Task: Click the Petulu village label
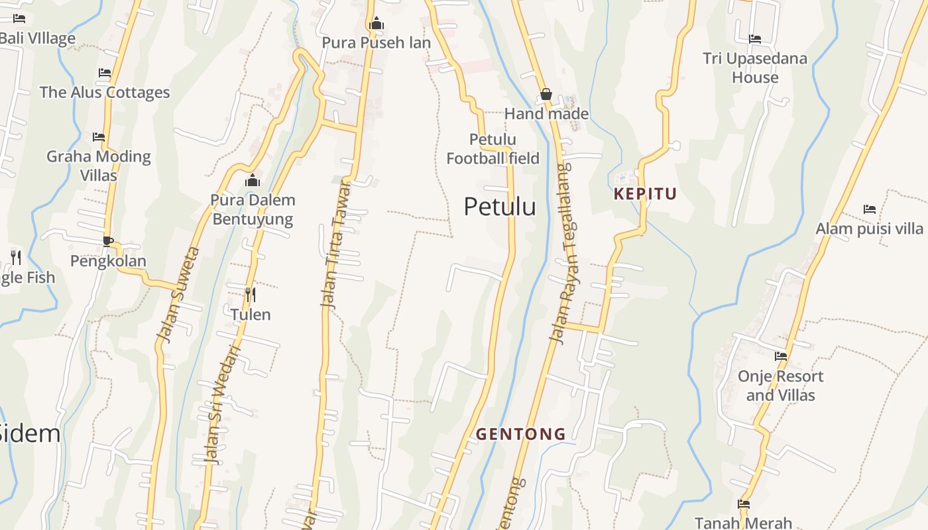pyautogui.click(x=500, y=207)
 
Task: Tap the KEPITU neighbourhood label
pyautogui.click(x=645, y=194)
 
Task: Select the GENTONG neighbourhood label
pyautogui.click(x=521, y=435)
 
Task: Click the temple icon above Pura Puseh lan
pyautogui.click(x=377, y=24)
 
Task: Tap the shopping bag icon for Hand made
pyautogui.click(x=546, y=95)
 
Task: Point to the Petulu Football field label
pyautogui.click(x=493, y=149)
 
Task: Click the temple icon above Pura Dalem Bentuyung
pyautogui.click(x=253, y=180)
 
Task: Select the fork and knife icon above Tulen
pyautogui.click(x=251, y=294)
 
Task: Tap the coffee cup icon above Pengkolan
pyautogui.click(x=108, y=241)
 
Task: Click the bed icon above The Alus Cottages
pyautogui.click(x=105, y=73)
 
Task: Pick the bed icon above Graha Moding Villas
pyautogui.click(x=99, y=137)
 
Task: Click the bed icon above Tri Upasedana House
pyautogui.click(x=755, y=39)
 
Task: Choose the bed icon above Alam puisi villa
pyautogui.click(x=870, y=209)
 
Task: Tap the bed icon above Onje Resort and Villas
pyautogui.click(x=781, y=356)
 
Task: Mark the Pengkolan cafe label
pyautogui.click(x=108, y=261)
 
